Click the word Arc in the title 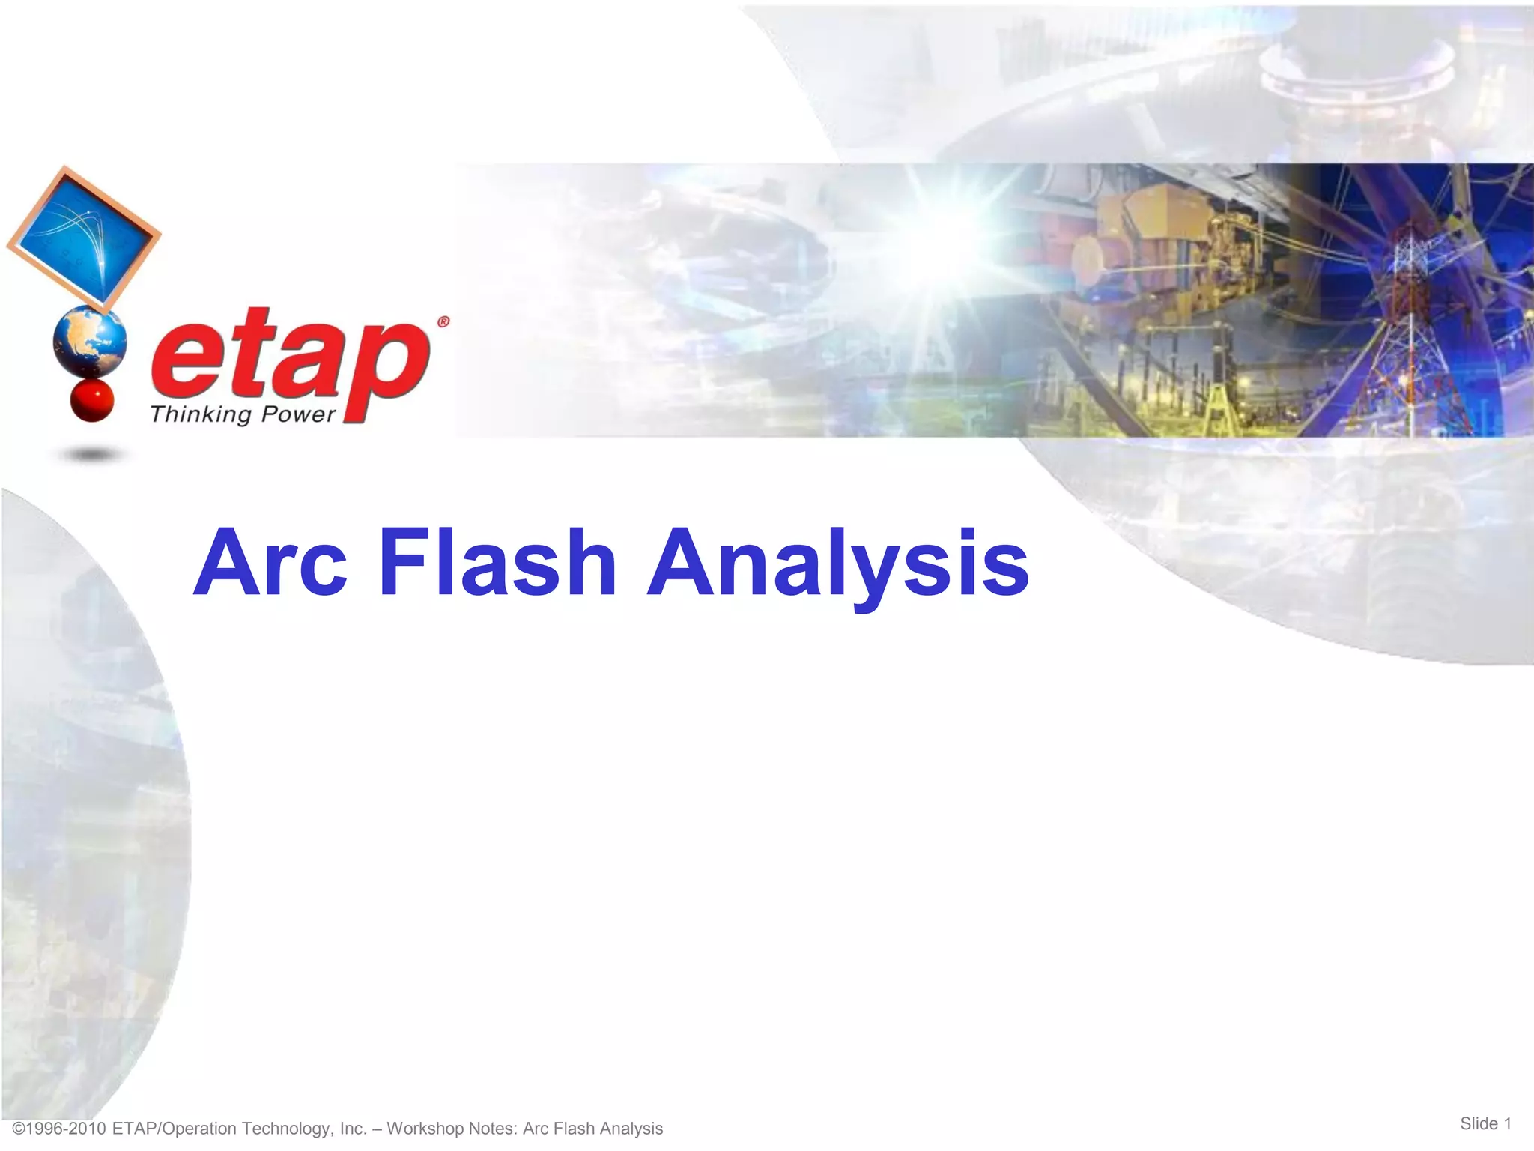point(270,563)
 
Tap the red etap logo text point(291,358)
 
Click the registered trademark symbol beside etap point(443,322)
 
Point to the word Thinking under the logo point(201,414)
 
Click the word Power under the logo point(297,414)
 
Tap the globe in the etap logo point(90,343)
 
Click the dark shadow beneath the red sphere point(91,454)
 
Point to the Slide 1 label point(1485,1123)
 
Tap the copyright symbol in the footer point(19,1129)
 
